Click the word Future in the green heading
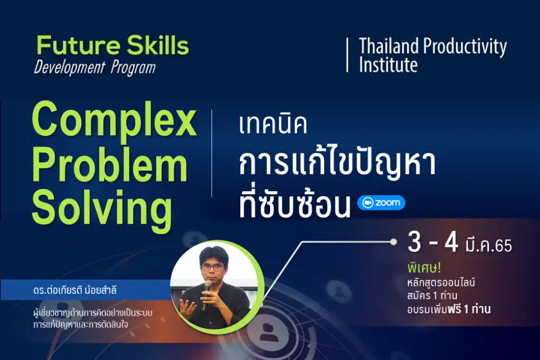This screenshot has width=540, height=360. pyautogui.click(x=78, y=45)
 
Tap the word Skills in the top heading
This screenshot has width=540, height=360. pyautogui.click(x=158, y=45)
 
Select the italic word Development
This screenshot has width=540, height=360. pyautogui.click(x=69, y=67)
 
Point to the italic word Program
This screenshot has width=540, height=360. pyautogui.click(x=133, y=68)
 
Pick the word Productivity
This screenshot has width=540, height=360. pyautogui.click(x=465, y=47)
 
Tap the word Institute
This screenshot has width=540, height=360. pyautogui.click(x=388, y=64)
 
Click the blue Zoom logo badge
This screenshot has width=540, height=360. pyautogui.click(x=381, y=203)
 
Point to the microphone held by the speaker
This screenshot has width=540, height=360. pyautogui.click(x=207, y=292)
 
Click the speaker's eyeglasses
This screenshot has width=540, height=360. pyautogui.click(x=212, y=267)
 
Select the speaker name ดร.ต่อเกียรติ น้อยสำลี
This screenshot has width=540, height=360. pyautogui.click(x=75, y=290)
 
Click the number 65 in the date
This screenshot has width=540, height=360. pyautogui.click(x=503, y=246)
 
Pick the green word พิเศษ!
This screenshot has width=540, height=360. pyautogui.click(x=424, y=267)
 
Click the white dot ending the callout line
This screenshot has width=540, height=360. pyautogui.click(x=393, y=242)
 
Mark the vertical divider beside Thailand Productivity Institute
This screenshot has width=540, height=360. pyautogui.click(x=347, y=55)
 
